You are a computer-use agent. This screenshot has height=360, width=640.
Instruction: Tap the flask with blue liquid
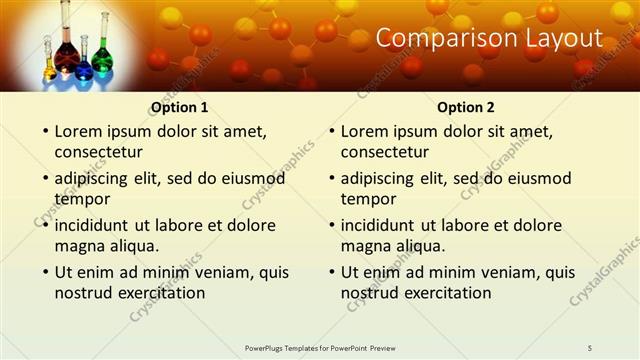[83, 68]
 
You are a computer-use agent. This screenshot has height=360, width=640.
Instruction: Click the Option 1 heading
[180, 107]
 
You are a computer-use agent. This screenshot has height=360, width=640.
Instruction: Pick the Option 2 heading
[466, 107]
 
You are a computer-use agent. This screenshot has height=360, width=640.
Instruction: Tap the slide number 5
[590, 347]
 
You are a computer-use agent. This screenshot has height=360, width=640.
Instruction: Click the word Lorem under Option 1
[78, 131]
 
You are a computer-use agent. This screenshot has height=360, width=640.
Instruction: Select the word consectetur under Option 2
[384, 152]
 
